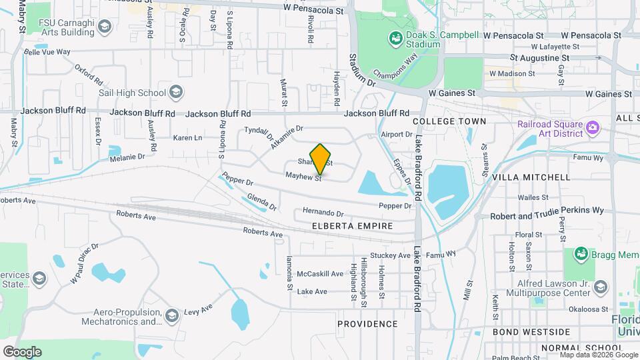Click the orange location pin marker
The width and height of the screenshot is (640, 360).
tap(321, 159)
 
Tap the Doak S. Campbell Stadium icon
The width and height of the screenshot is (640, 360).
tap(395, 39)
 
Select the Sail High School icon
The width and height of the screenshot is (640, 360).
tap(176, 91)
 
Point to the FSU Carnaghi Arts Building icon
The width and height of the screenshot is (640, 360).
tap(104, 27)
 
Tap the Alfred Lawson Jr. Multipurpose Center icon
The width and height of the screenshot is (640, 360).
tap(600, 287)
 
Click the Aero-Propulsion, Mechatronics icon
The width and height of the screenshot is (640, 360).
tap(172, 315)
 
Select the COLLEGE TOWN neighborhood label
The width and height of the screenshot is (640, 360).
tap(449, 121)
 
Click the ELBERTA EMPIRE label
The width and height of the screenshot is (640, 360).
tap(352, 227)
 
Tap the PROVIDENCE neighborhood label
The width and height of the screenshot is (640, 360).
tap(367, 324)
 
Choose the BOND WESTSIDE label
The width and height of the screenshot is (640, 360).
tap(531, 331)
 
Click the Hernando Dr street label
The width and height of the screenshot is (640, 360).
tap(323, 213)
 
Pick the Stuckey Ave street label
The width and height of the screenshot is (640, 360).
tap(390, 255)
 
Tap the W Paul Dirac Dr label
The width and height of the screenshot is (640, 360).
tap(85, 263)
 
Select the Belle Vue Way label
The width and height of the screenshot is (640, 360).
tap(47, 51)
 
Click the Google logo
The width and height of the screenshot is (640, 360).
tap(22, 351)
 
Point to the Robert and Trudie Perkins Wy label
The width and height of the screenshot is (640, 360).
tap(547, 211)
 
